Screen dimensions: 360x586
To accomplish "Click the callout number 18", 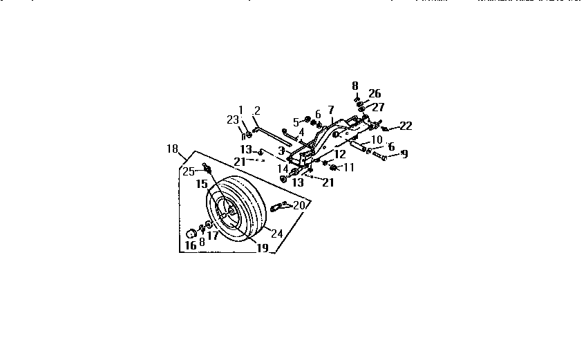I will (x=172, y=149).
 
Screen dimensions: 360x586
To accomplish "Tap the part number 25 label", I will (x=188, y=171).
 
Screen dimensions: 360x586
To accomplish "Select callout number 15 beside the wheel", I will (x=200, y=184).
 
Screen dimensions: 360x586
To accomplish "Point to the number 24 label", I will (x=276, y=233).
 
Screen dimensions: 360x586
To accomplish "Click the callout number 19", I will (x=261, y=248).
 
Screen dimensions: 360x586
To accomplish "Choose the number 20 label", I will (x=299, y=205).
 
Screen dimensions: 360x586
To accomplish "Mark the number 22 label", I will (x=406, y=126).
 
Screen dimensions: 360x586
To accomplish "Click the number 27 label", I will (x=378, y=107).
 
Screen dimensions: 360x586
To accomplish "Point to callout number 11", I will (x=348, y=167).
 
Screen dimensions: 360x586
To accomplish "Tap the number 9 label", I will (x=404, y=154).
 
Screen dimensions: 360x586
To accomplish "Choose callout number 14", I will (x=283, y=169).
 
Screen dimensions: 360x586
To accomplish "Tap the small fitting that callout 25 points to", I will (x=206, y=169).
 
